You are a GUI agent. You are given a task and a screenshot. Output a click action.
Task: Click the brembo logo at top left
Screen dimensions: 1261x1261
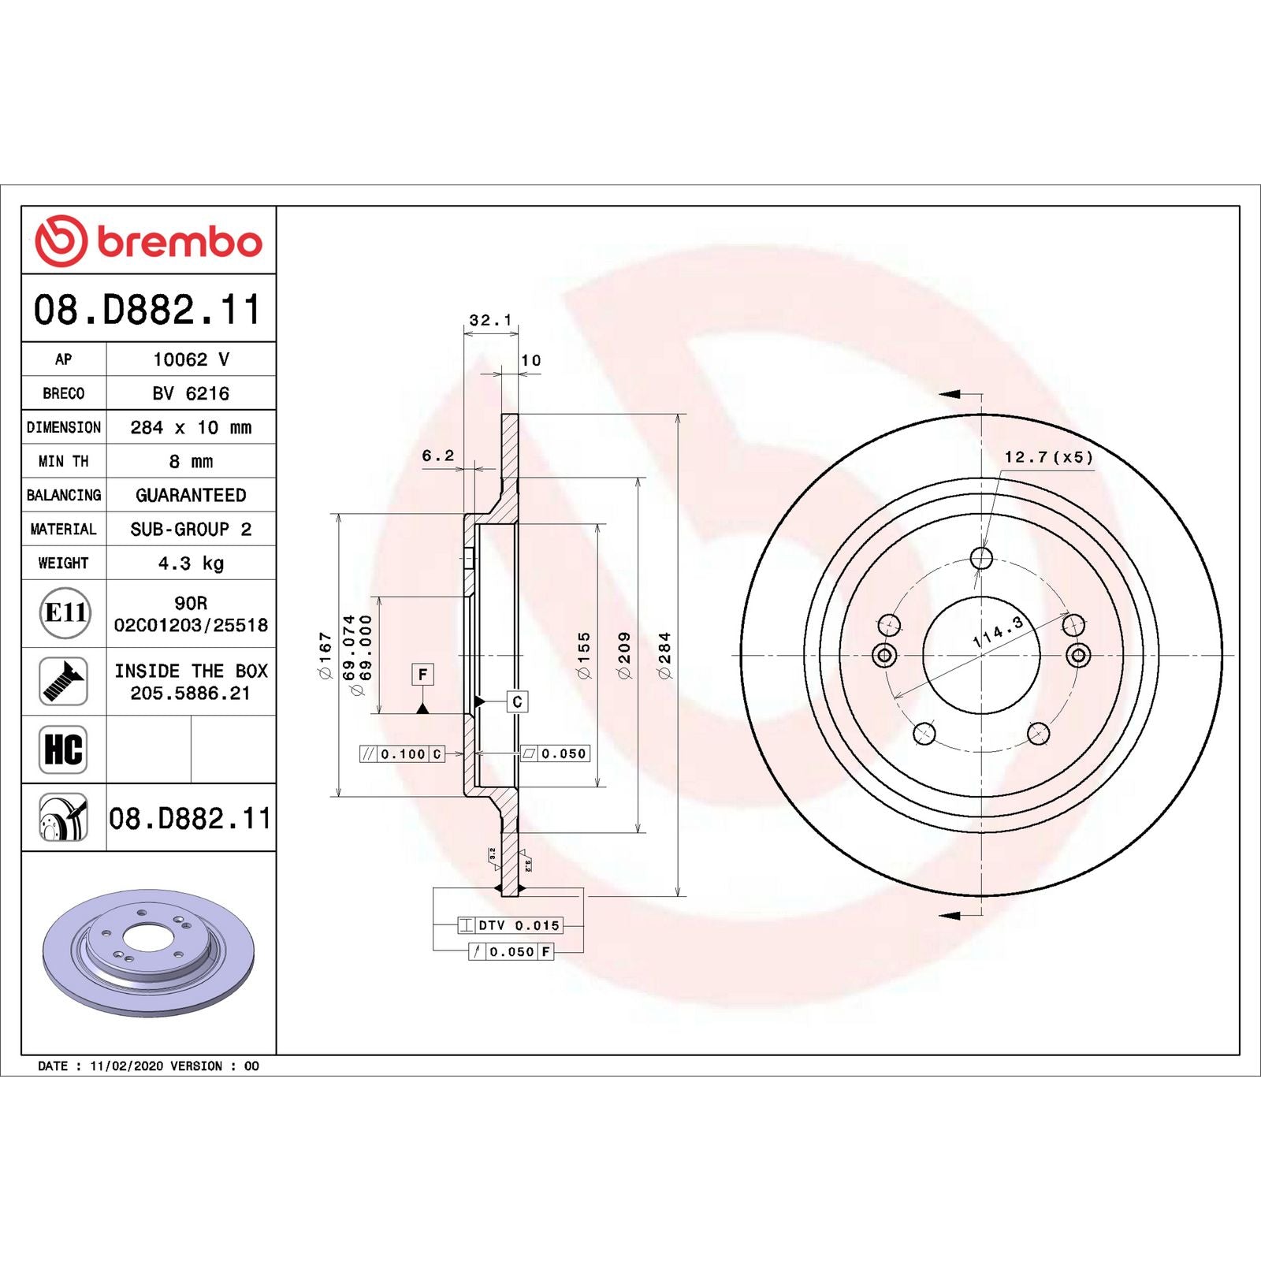pyautogui.click(x=148, y=240)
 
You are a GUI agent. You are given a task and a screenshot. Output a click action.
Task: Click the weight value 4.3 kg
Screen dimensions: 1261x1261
pyautogui.click(x=191, y=563)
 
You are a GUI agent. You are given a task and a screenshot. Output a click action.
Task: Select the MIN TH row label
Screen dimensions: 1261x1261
pyautogui.click(x=63, y=461)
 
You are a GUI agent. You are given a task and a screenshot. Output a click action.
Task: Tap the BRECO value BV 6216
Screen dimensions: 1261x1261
pyautogui.click(x=191, y=392)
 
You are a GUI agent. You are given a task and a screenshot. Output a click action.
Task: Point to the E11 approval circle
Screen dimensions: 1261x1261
pyautogui.click(x=65, y=612)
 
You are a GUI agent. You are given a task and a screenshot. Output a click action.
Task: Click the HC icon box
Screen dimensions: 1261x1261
pyautogui.click(x=63, y=749)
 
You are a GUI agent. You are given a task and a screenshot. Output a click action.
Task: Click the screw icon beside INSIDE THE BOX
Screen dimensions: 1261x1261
pyautogui.click(x=63, y=681)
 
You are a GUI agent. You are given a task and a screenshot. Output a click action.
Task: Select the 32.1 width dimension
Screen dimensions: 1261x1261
pyautogui.click(x=490, y=320)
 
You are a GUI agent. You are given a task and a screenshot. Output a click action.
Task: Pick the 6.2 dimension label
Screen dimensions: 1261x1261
pyautogui.click(x=437, y=456)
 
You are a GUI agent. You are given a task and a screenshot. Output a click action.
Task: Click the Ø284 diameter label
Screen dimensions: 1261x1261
pyautogui.click(x=664, y=655)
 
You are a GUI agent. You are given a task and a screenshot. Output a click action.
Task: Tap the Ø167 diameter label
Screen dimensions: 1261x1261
pyautogui.click(x=325, y=655)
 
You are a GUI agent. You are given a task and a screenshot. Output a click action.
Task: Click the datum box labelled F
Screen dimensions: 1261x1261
pyautogui.click(x=422, y=675)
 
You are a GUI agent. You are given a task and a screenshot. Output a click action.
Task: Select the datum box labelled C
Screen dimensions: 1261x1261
pyautogui.click(x=517, y=701)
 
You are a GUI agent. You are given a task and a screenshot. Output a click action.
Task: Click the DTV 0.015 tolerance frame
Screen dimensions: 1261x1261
pyautogui.click(x=510, y=925)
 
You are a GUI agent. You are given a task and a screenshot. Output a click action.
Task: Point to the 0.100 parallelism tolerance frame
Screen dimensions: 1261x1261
pyautogui.click(x=403, y=754)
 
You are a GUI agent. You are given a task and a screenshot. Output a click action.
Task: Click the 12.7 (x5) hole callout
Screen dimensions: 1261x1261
pyautogui.click(x=1048, y=457)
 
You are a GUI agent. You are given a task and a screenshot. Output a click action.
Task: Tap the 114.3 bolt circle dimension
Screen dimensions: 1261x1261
pyautogui.click(x=998, y=632)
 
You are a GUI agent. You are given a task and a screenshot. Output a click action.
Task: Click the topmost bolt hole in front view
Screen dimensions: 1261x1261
pyautogui.click(x=981, y=558)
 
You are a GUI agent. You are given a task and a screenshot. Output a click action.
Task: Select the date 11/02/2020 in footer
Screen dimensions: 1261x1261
pyautogui.click(x=126, y=1066)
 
